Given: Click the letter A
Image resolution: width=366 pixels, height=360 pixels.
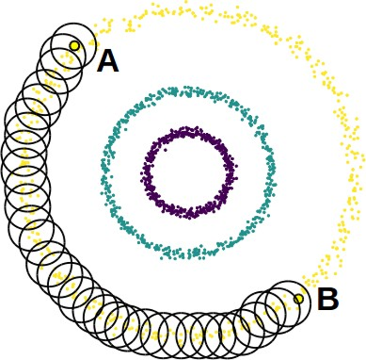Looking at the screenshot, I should [108, 61].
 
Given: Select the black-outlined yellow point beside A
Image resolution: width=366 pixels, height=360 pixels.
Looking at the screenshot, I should [74, 45].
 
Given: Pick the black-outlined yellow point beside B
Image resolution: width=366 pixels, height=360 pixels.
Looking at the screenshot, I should [299, 299].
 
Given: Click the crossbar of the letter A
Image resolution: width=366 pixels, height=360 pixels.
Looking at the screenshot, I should [108, 65].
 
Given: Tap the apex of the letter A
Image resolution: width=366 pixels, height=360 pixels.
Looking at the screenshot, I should [108, 52].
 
